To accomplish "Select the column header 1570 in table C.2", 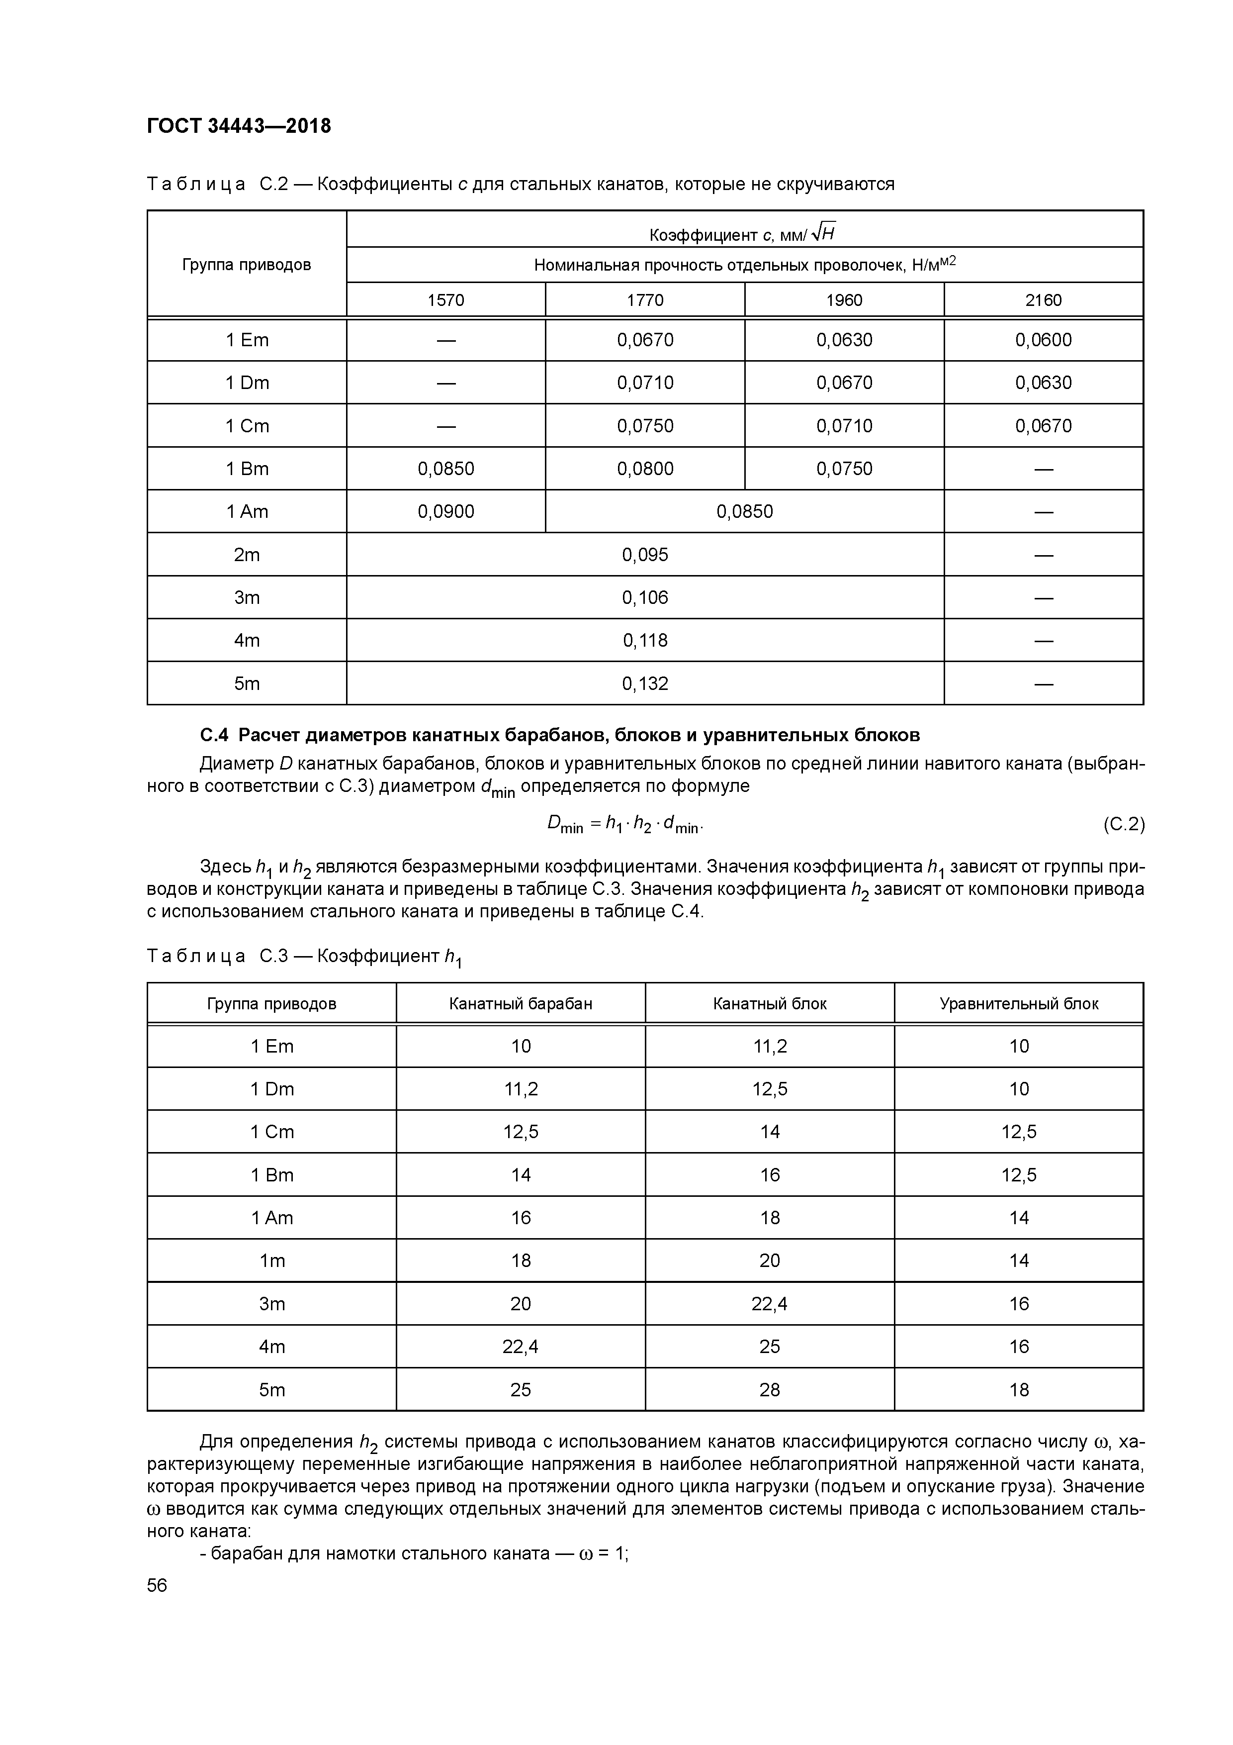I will pyautogui.click(x=446, y=300).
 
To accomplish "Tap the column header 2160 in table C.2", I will pyautogui.click(x=1043, y=300).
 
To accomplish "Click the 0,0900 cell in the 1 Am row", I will pyautogui.click(x=446, y=511).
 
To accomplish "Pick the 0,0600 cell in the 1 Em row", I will pyautogui.click(x=1043, y=340).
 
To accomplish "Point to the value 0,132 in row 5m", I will pyautogui.click(x=645, y=683).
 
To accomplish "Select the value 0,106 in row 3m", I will pyautogui.click(x=645, y=597).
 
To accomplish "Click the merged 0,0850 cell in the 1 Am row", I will pyautogui.click(x=744, y=511).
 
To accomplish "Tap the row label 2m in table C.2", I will pyautogui.click(x=247, y=555).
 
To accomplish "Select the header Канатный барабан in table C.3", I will pyautogui.click(x=521, y=1003).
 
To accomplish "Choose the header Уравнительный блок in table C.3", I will pyautogui.click(x=1019, y=1003).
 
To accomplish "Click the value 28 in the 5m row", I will pyautogui.click(x=770, y=1390).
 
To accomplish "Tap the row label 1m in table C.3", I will pyautogui.click(x=272, y=1261).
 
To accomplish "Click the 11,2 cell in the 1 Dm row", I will pyautogui.click(x=521, y=1089).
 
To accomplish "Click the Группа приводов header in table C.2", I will pyautogui.click(x=247, y=265).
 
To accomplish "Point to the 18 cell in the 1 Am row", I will pyautogui.click(x=770, y=1218).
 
